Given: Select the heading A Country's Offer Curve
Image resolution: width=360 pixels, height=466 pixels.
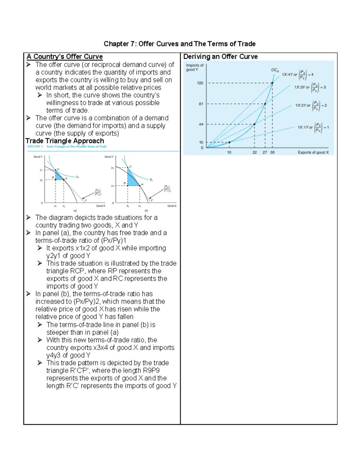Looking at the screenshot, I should tap(64, 57).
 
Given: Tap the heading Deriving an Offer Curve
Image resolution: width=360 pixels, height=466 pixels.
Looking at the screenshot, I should tap(220, 57).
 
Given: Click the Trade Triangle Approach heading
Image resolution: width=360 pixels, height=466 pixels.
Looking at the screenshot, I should tap(65, 141).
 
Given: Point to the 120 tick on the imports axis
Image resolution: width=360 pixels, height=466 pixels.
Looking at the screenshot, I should tap(200, 83).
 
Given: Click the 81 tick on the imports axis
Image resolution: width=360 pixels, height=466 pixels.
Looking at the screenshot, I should tap(201, 104).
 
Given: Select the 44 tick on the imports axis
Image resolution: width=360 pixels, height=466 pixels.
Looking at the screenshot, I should tap(201, 124).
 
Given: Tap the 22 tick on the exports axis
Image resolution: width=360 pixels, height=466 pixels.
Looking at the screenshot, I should tap(254, 152).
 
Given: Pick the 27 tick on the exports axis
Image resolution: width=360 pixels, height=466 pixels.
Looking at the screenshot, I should tap(265, 152).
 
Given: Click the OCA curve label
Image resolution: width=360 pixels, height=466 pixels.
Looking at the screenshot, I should tap(275, 70).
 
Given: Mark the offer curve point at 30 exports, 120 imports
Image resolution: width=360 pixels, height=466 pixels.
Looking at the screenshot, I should tap(272, 83).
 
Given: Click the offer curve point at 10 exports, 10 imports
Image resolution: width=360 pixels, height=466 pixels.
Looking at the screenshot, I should tap(229, 142).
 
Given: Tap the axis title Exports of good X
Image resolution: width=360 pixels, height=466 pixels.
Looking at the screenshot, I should tap(313, 152).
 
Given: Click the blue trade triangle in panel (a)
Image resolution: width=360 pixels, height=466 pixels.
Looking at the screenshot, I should tap(59, 177).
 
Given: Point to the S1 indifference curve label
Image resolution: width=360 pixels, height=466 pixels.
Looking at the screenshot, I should tap(77, 177).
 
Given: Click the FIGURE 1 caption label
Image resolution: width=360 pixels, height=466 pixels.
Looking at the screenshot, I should tap(35, 146).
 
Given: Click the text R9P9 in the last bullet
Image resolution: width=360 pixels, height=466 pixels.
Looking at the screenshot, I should tap(151, 371).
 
